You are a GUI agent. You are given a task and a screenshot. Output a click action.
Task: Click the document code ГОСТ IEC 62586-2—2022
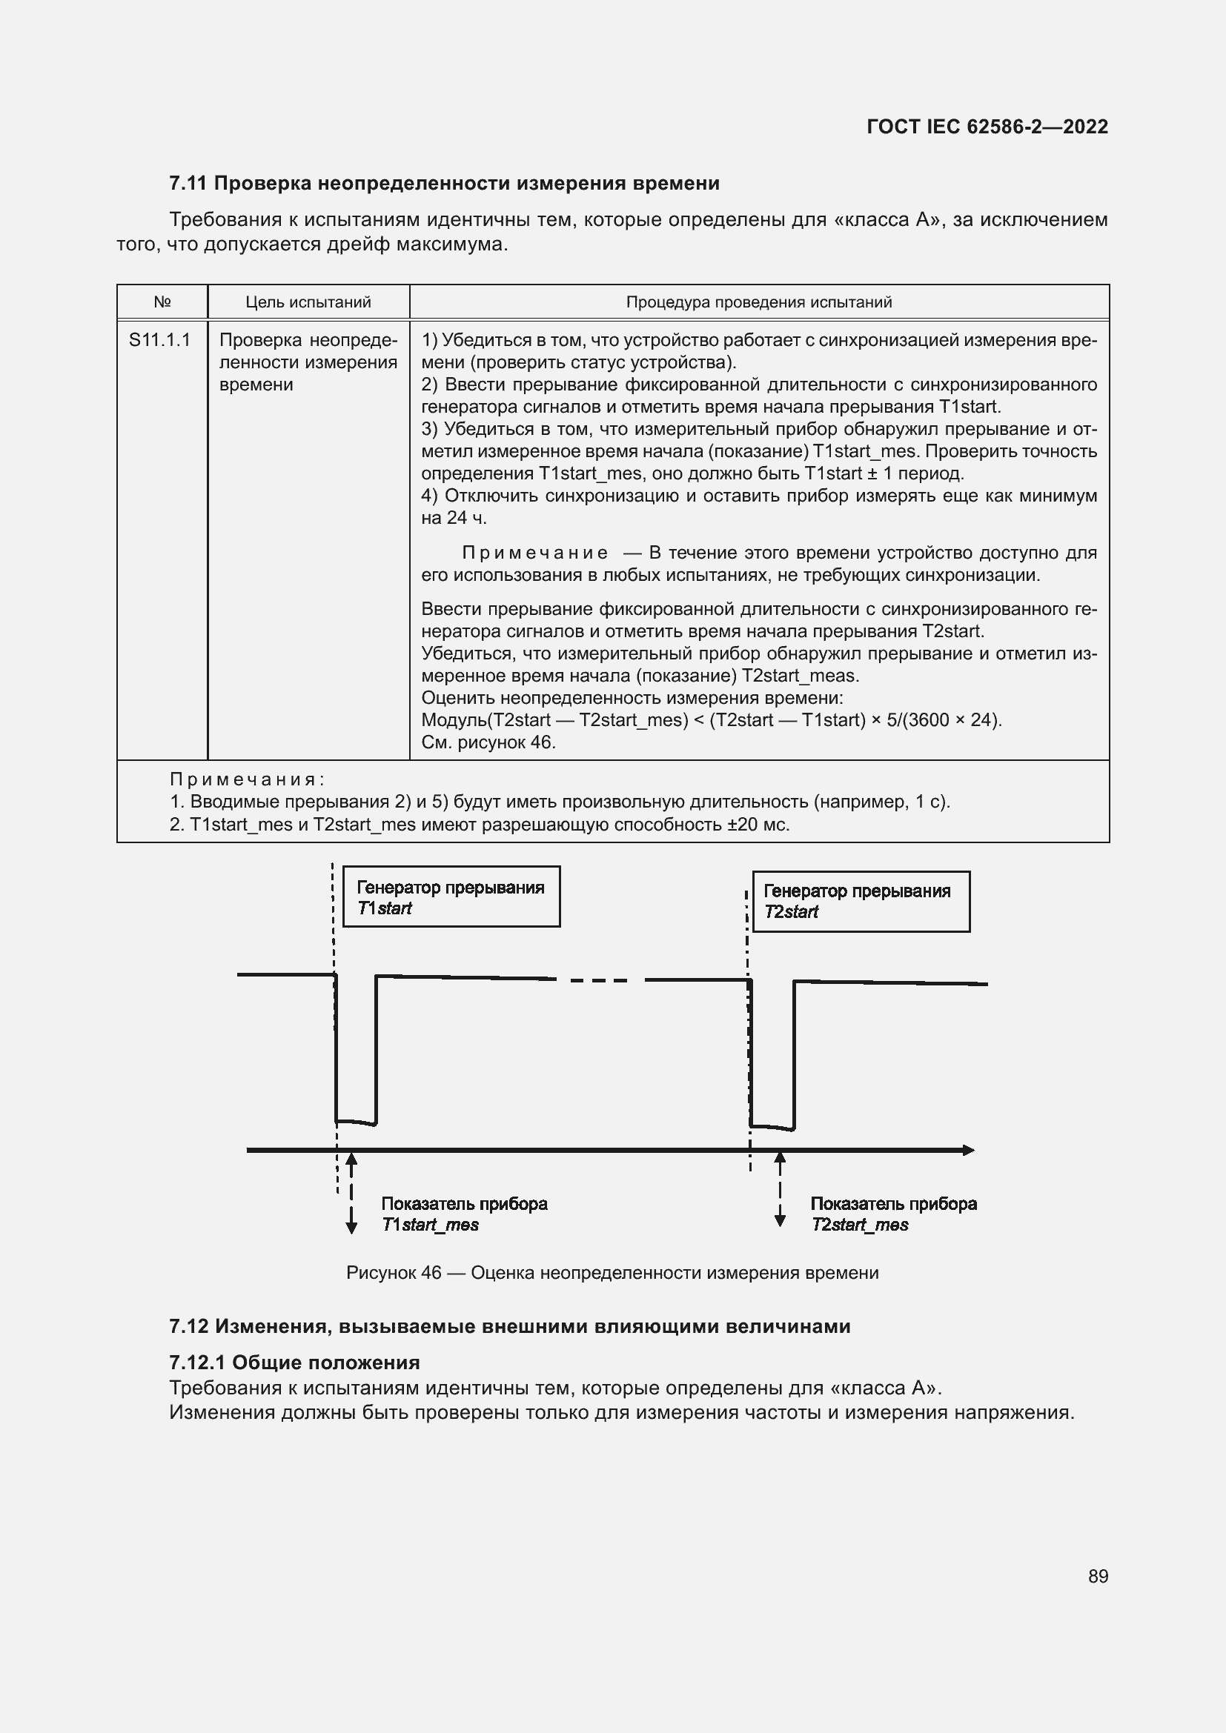(x=987, y=127)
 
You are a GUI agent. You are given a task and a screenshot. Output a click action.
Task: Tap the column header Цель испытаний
(x=308, y=302)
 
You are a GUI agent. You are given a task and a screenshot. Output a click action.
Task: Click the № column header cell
(x=162, y=302)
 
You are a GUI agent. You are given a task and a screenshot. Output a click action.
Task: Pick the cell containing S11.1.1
(x=160, y=340)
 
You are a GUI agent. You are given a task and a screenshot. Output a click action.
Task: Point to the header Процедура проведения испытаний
(x=759, y=302)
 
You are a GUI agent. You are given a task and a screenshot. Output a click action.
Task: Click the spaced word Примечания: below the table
(x=247, y=779)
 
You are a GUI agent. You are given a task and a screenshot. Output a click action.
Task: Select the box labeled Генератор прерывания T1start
(x=451, y=897)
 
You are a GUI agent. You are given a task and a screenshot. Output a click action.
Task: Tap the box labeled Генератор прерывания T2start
(x=861, y=901)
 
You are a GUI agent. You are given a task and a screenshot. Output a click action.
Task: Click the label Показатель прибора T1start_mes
(x=463, y=1214)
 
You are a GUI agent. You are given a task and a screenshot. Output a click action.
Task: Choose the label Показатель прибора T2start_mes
(x=893, y=1214)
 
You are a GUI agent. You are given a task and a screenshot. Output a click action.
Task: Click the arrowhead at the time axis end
(x=969, y=1151)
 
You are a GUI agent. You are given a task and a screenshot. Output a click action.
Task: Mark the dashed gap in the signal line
(x=600, y=980)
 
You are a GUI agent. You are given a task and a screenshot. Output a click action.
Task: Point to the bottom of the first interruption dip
(x=356, y=1122)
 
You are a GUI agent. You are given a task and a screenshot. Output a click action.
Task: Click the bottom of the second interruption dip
(x=772, y=1128)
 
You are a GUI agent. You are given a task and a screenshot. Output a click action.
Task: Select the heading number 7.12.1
(x=197, y=1363)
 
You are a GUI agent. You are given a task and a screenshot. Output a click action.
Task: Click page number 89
(x=1098, y=1576)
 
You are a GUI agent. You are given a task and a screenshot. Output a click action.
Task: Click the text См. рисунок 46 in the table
(x=488, y=742)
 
